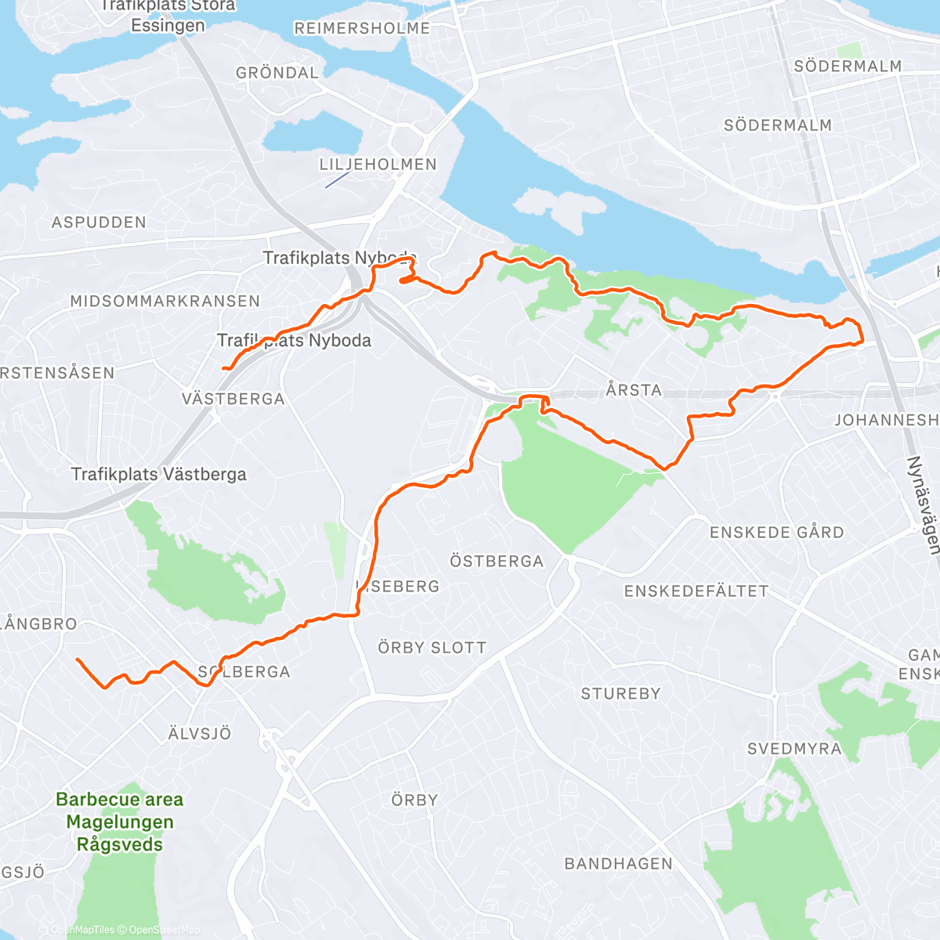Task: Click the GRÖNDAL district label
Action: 277,73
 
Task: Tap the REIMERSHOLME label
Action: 362,28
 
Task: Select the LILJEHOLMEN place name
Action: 378,164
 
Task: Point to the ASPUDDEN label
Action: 99,222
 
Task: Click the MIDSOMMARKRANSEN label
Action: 164,302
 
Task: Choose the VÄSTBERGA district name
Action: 233,399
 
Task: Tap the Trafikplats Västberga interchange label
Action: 159,474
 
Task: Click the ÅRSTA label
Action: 634,389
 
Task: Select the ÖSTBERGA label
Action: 497,561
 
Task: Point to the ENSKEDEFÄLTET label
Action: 696,591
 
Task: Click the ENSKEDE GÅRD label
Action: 777,533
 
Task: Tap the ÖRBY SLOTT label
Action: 432,648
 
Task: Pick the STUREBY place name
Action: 620,693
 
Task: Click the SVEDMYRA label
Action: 794,749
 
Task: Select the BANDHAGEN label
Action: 619,863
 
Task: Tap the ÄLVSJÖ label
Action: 200,734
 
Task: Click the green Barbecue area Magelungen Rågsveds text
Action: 120,822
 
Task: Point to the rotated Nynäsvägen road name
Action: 923,505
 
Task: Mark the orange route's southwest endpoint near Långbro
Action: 77,660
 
